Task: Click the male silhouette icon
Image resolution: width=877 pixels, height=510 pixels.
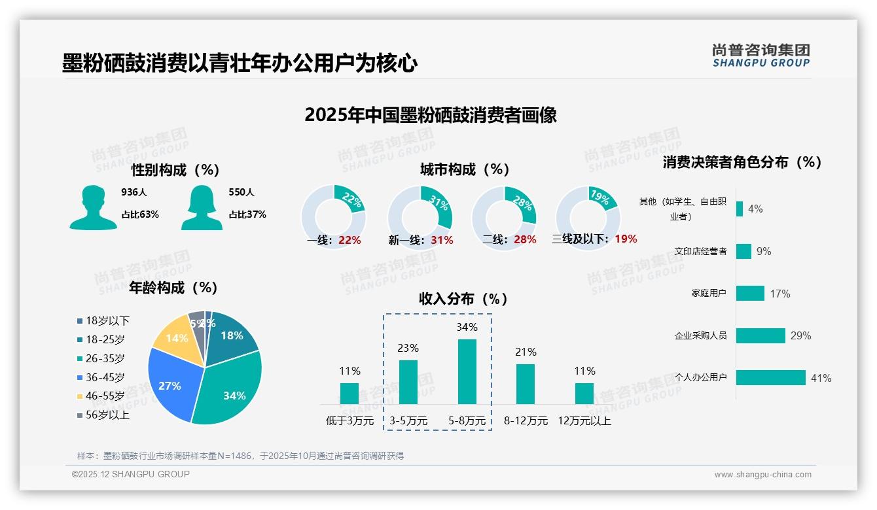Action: click(x=93, y=207)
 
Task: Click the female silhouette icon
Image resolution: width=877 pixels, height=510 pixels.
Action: click(x=202, y=207)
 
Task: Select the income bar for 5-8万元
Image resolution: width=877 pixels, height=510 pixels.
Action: click(x=467, y=371)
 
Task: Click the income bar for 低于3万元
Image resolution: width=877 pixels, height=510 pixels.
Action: click(x=349, y=394)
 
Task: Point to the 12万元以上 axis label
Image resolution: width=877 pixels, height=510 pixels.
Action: click(x=584, y=421)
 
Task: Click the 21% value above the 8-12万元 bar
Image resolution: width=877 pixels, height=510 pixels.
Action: click(x=526, y=352)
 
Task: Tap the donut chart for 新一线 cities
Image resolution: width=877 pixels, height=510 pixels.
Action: click(x=420, y=218)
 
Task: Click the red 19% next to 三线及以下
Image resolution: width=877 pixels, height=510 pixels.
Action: click(x=626, y=239)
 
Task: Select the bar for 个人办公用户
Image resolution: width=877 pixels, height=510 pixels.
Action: click(x=770, y=378)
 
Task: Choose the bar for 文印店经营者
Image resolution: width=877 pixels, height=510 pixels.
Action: click(x=743, y=251)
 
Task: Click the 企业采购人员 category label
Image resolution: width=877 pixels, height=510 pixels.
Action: click(x=700, y=335)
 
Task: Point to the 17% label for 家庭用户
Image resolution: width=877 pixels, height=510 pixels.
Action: click(x=779, y=294)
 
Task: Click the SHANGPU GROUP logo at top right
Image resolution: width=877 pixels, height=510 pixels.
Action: click(x=761, y=56)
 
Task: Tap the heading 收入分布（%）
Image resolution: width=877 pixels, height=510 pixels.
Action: click(x=463, y=299)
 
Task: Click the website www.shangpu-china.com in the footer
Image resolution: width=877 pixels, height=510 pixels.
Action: click(x=762, y=475)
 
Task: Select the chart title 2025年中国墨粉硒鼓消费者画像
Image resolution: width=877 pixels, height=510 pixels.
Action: click(x=431, y=115)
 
